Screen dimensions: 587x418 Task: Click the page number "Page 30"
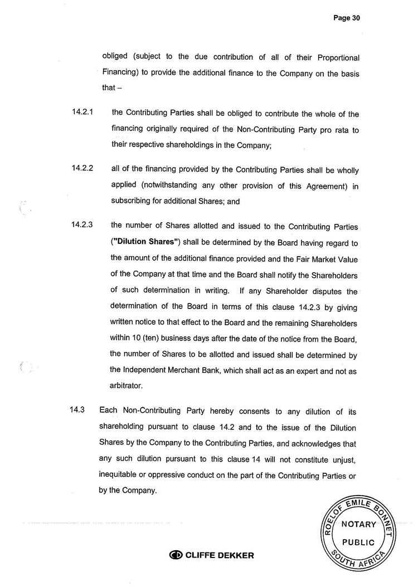(347, 18)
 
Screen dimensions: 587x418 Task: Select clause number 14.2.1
(82, 113)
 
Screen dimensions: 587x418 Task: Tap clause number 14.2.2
(82, 168)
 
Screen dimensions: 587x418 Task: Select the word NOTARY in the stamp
(358, 524)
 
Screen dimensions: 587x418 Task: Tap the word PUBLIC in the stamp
(358, 542)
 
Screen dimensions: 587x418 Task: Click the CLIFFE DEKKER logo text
(219, 555)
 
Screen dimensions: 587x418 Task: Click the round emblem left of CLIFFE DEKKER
(176, 555)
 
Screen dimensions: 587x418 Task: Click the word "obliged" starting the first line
(115, 57)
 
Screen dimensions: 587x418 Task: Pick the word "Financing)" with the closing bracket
(121, 72)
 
